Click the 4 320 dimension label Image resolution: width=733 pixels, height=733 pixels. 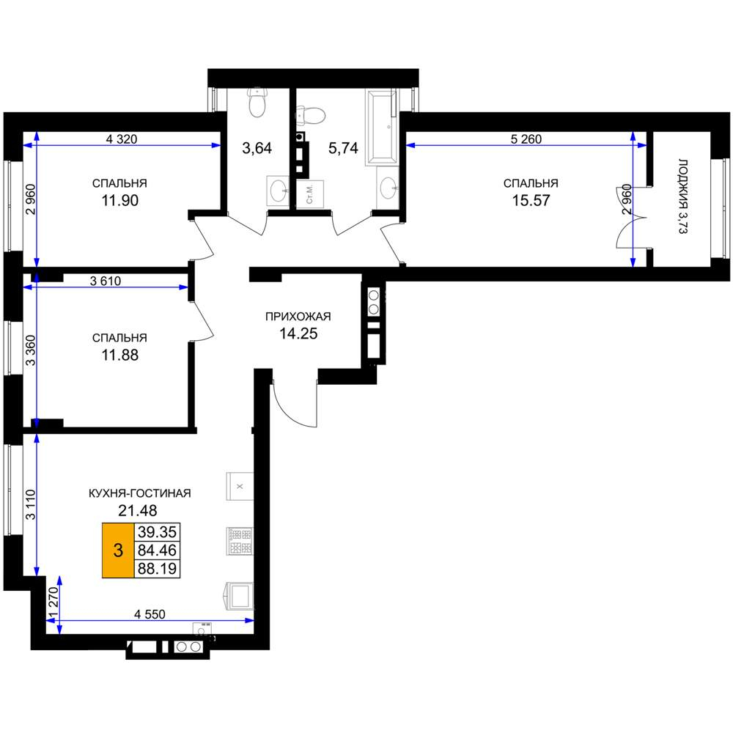click(x=122, y=139)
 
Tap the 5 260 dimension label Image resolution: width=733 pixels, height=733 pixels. click(x=526, y=139)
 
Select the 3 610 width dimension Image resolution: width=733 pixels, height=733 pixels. click(x=105, y=281)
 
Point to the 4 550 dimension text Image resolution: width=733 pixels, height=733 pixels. click(x=150, y=614)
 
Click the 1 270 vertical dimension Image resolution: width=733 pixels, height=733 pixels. click(x=54, y=603)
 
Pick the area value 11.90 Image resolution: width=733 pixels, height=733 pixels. click(x=120, y=201)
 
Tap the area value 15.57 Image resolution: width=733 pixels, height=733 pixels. click(x=531, y=201)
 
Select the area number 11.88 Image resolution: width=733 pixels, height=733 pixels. click(x=120, y=356)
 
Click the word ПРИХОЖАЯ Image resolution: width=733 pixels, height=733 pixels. click(x=298, y=317)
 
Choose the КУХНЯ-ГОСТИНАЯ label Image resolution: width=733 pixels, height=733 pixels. click(x=140, y=493)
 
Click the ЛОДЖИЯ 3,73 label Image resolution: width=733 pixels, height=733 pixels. click(x=683, y=196)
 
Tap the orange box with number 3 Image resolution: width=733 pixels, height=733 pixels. click(x=118, y=550)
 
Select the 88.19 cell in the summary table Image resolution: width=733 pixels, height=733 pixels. click(x=157, y=569)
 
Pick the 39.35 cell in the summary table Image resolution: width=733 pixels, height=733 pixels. click(x=157, y=532)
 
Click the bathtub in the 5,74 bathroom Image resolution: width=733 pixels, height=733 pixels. click(x=382, y=127)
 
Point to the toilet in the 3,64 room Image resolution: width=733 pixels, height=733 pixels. click(x=257, y=102)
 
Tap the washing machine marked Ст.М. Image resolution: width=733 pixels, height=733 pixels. click(x=310, y=194)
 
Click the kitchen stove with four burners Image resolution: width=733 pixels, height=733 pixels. click(x=240, y=541)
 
